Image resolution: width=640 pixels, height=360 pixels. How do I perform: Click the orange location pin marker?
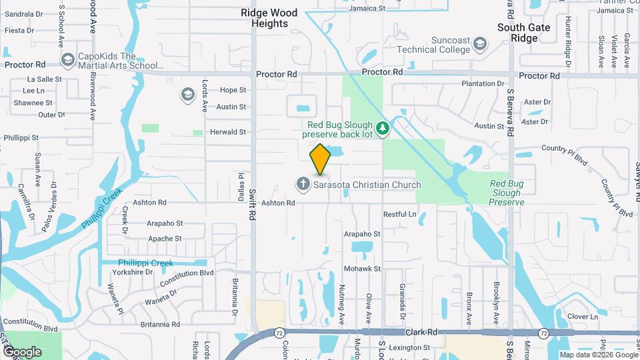pos(320,159)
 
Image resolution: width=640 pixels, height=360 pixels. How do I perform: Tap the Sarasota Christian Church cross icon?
pos(303,184)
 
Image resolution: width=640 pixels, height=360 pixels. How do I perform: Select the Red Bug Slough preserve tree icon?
pos(382,127)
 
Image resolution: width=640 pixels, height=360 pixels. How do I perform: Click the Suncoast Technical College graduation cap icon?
pos(480,45)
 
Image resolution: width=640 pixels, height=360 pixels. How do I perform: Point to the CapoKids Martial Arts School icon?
pos(67,61)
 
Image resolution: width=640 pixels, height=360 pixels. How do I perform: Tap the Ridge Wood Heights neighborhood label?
pos(270,18)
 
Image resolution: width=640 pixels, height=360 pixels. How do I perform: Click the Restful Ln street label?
pos(399,215)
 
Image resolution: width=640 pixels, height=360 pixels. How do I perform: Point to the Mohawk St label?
pos(362,269)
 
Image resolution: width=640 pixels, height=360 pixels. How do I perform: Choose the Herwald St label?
pos(229,132)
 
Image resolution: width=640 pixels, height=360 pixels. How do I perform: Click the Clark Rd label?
pos(421,331)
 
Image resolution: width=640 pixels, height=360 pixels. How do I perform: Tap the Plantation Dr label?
pos(483,84)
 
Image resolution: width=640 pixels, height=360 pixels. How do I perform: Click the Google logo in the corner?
pos(22,351)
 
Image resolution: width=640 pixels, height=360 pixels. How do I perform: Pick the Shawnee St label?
pos(33,103)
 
